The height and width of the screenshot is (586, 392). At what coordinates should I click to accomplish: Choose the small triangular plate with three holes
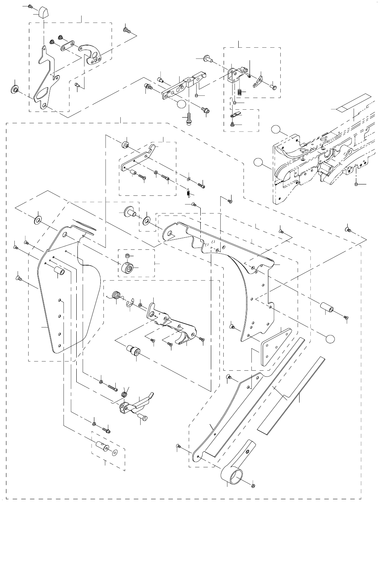276,344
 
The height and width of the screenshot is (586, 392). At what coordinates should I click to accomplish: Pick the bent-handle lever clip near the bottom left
136,405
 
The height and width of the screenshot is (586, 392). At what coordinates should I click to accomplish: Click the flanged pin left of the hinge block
207,58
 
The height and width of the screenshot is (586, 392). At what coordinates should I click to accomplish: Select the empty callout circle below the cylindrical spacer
330,338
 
